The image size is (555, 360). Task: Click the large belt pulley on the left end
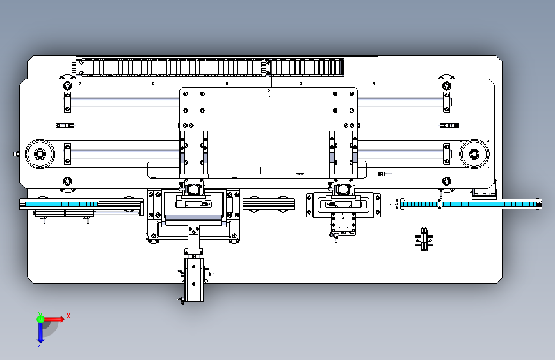(x=40, y=154)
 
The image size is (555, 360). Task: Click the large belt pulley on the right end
(x=474, y=154)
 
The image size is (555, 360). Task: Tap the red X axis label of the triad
(x=68, y=316)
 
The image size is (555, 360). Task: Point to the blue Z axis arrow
(x=40, y=334)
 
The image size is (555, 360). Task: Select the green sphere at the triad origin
(x=40, y=319)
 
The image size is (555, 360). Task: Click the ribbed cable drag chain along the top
(x=209, y=67)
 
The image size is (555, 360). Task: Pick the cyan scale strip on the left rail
(x=59, y=204)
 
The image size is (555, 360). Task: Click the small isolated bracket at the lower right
(x=424, y=240)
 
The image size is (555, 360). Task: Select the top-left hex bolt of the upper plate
(x=67, y=86)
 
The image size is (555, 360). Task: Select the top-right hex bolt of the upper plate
(x=447, y=86)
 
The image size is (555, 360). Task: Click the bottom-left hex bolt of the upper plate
(x=67, y=181)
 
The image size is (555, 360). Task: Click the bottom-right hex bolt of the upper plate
(x=447, y=181)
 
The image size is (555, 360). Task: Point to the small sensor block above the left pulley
(x=65, y=126)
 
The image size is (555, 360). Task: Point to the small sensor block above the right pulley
(x=449, y=126)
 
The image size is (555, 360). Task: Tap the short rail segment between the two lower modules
(x=269, y=204)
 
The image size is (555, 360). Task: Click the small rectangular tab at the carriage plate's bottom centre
(x=268, y=170)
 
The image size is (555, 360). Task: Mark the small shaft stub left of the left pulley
(x=16, y=154)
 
